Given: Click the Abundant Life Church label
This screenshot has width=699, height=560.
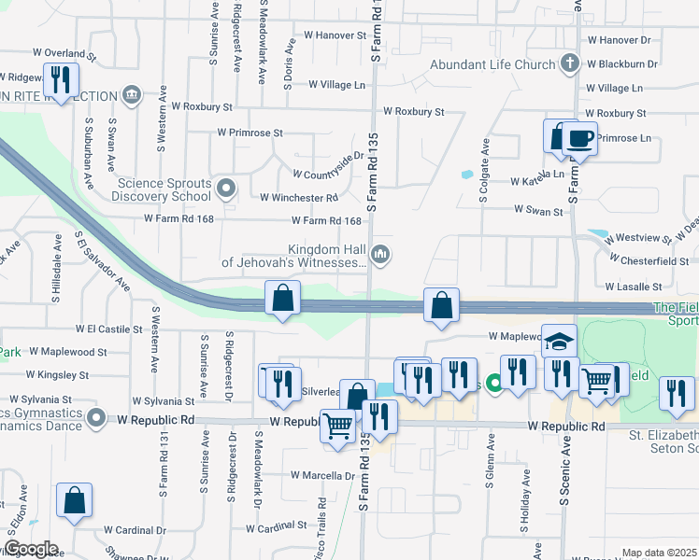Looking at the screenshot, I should point(492,64).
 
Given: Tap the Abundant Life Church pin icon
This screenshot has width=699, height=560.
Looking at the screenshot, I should point(569,64).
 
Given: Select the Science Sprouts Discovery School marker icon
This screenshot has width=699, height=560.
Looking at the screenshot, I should point(225,189).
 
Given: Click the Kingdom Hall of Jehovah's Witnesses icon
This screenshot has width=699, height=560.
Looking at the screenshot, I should point(380,254).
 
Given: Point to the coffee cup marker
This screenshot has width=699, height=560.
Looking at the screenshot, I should point(579,138).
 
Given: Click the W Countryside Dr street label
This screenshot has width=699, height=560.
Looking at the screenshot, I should point(327,175).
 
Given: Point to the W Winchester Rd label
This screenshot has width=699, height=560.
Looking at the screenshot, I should point(298,198).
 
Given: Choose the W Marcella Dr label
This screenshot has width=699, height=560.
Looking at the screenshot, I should point(321,475).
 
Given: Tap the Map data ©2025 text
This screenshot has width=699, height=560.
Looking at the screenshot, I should point(659,553).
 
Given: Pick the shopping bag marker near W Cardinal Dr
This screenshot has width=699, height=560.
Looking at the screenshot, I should point(74,500).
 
